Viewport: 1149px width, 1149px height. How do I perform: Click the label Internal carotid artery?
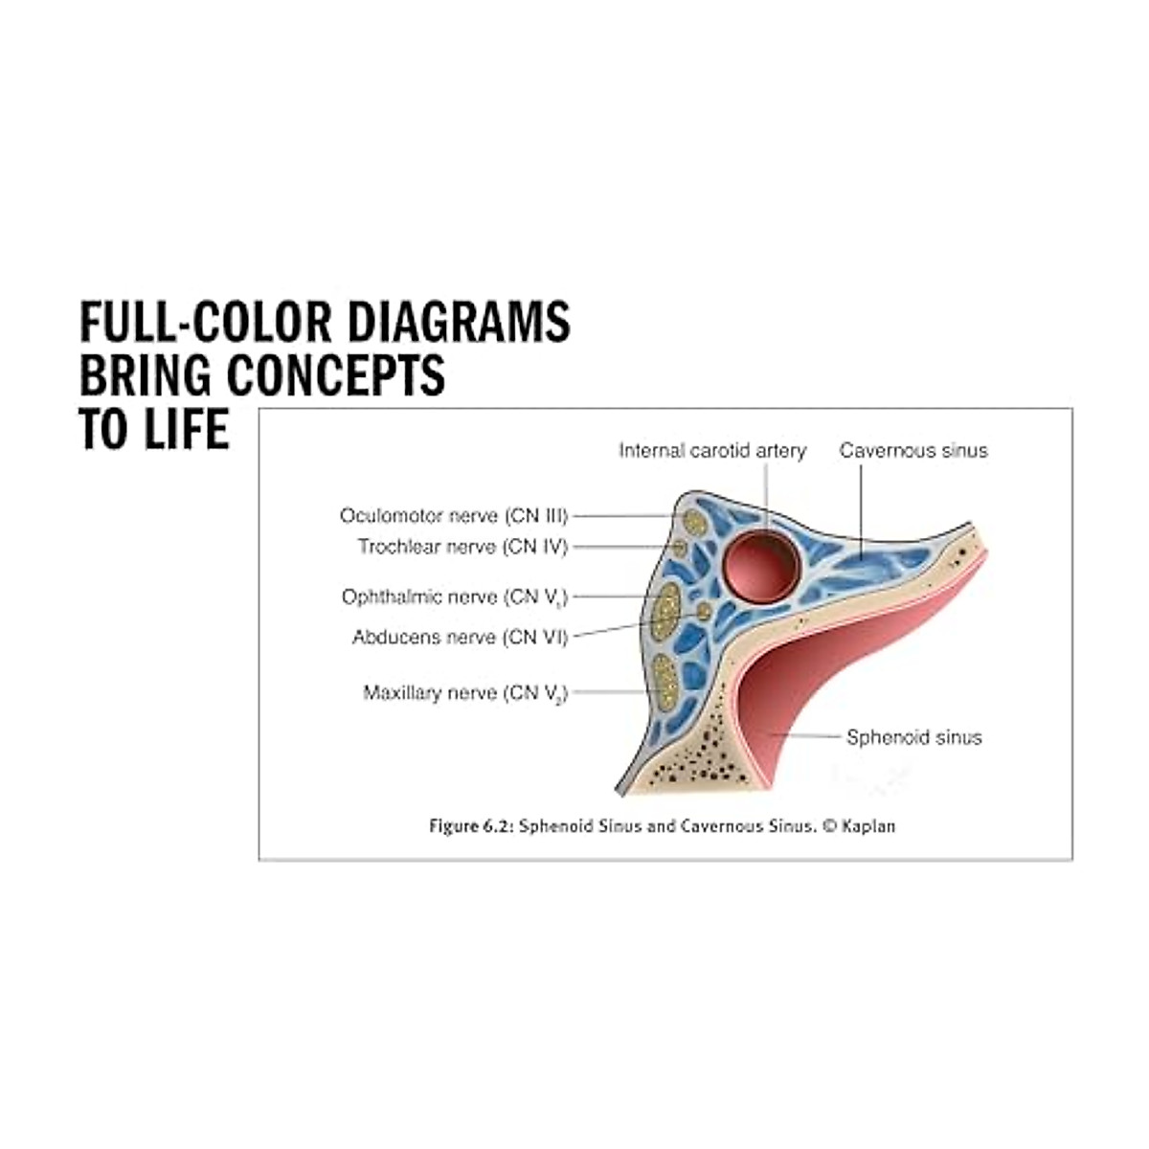click(x=712, y=450)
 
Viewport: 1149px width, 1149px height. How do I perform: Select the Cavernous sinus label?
click(x=912, y=450)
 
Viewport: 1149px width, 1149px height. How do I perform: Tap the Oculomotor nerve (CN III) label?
click(x=454, y=516)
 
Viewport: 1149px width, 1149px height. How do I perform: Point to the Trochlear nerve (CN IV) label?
click(x=462, y=547)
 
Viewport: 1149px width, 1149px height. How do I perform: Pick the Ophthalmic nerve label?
click(x=455, y=597)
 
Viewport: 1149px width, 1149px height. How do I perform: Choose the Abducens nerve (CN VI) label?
click(x=460, y=637)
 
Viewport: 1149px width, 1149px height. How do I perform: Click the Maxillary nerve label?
click(x=465, y=692)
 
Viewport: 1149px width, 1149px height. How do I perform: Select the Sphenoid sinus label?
click(x=913, y=737)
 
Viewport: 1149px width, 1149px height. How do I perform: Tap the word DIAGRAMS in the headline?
click(x=458, y=322)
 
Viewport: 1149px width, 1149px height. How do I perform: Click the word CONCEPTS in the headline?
click(x=336, y=375)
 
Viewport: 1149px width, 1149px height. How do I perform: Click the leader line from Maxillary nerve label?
click(x=608, y=691)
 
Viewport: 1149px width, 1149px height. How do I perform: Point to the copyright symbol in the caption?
click(x=829, y=826)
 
